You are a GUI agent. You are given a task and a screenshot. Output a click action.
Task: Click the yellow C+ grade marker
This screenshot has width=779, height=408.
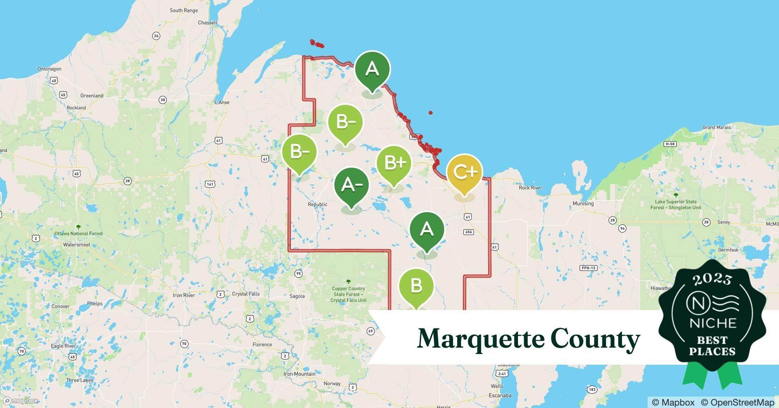click(465, 173)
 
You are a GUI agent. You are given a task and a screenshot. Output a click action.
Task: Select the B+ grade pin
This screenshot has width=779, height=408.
click(394, 163)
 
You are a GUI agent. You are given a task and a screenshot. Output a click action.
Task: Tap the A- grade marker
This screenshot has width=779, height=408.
click(351, 185)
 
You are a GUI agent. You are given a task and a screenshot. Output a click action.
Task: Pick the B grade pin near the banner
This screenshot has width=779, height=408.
click(416, 286)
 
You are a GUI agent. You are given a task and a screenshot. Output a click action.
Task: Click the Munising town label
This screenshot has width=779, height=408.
click(583, 204)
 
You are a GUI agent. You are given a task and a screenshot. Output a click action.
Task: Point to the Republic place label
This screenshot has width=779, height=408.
click(317, 204)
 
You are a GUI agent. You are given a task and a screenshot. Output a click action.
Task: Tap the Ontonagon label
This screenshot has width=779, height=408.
click(49, 69)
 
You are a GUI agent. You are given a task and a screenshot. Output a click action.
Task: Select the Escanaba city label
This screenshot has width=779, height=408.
click(500, 395)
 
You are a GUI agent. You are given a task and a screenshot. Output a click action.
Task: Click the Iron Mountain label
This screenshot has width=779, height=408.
click(299, 374)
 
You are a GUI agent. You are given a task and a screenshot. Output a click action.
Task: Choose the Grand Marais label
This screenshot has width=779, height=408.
click(717, 127)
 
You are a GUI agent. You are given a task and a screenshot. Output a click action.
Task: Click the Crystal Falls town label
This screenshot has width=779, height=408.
click(246, 294)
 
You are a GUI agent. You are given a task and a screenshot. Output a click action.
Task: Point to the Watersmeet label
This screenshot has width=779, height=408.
click(77, 245)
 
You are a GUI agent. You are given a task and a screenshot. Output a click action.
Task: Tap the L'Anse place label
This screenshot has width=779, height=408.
click(222, 102)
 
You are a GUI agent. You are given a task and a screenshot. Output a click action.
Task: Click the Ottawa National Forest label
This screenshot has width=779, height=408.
click(79, 234)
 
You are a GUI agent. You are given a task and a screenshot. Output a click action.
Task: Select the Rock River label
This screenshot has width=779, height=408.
click(530, 188)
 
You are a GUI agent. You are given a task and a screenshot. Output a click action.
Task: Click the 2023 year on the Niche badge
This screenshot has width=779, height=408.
click(712, 279)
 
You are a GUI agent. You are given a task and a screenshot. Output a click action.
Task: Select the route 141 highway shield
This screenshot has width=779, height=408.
click(210, 184)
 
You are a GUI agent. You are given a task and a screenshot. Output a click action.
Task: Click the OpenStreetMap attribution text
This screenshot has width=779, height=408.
click(737, 402)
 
